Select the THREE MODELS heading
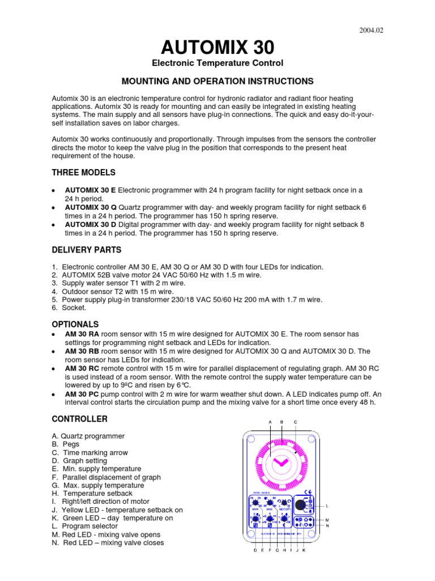click(83, 172)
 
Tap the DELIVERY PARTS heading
click(87, 250)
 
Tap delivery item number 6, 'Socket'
click(74, 308)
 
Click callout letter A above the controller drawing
click(270, 422)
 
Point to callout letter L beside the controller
click(327, 506)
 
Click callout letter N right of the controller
click(327, 526)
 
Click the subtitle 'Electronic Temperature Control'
click(217, 63)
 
